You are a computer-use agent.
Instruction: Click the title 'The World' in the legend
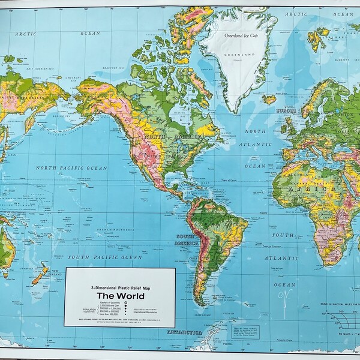tap(120, 295)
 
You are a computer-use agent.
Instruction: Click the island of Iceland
tap(269, 98)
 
